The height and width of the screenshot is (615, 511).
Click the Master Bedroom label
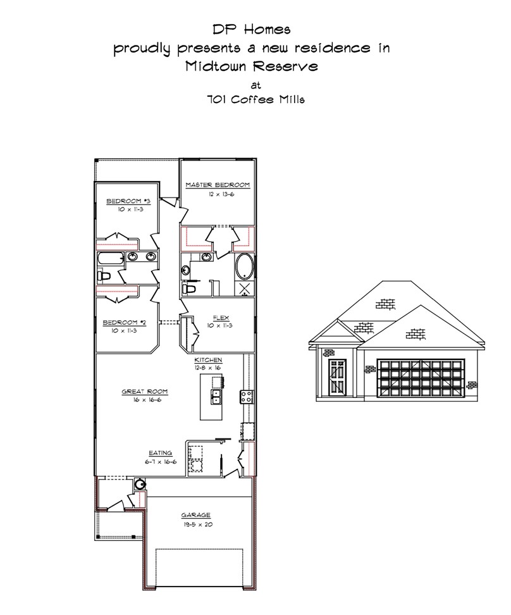218,185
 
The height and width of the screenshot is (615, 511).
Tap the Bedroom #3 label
128,201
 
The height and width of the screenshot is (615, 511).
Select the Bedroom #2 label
125,323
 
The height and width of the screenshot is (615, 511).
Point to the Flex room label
221,318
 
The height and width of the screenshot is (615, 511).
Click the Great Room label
145,392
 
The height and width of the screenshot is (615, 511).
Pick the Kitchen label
208,359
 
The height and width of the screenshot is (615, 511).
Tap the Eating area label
161,453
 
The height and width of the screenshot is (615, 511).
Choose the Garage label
195,515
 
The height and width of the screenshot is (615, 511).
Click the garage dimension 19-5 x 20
198,525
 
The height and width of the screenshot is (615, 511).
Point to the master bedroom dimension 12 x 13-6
221,194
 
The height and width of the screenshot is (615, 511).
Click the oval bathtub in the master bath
244,267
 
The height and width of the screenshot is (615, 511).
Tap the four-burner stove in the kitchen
247,397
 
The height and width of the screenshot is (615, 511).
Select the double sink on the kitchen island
216,397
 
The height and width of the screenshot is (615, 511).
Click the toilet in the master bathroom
189,289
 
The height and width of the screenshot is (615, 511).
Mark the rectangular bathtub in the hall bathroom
111,258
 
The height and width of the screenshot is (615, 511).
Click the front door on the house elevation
337,377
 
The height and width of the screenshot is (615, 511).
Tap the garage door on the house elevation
421,378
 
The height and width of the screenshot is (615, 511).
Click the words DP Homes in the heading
251,29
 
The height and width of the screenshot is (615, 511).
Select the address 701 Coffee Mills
255,99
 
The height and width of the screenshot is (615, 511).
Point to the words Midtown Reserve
251,66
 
